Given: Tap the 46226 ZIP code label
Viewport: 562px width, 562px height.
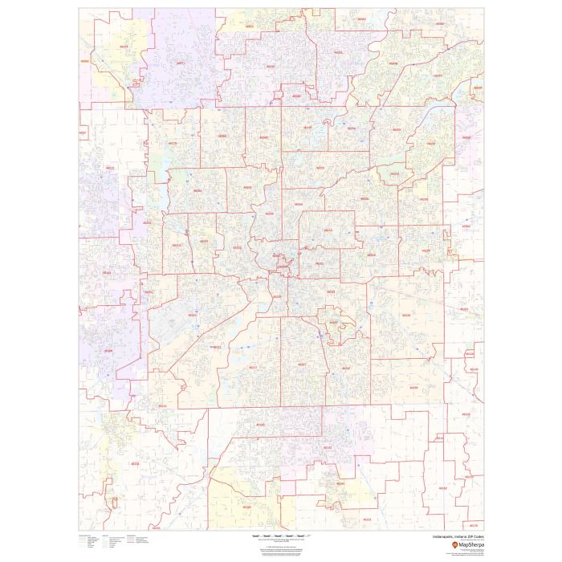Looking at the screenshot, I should (x=365, y=198).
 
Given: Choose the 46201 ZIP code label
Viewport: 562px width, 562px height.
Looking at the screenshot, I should (x=320, y=263).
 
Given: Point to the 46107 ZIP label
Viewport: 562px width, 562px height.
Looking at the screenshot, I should (x=333, y=323).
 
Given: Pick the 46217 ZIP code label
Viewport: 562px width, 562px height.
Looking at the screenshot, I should (x=254, y=367).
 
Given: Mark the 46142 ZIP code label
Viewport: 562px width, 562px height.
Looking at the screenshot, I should (x=259, y=424).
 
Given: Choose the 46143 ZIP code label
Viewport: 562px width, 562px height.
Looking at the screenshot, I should (x=327, y=447).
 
